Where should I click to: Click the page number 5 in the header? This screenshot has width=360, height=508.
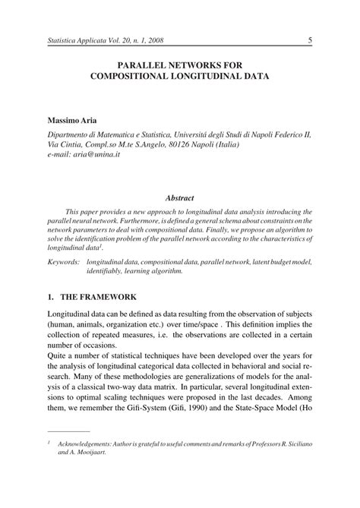(x=311, y=40)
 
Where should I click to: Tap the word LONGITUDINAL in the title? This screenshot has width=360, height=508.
(x=209, y=77)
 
